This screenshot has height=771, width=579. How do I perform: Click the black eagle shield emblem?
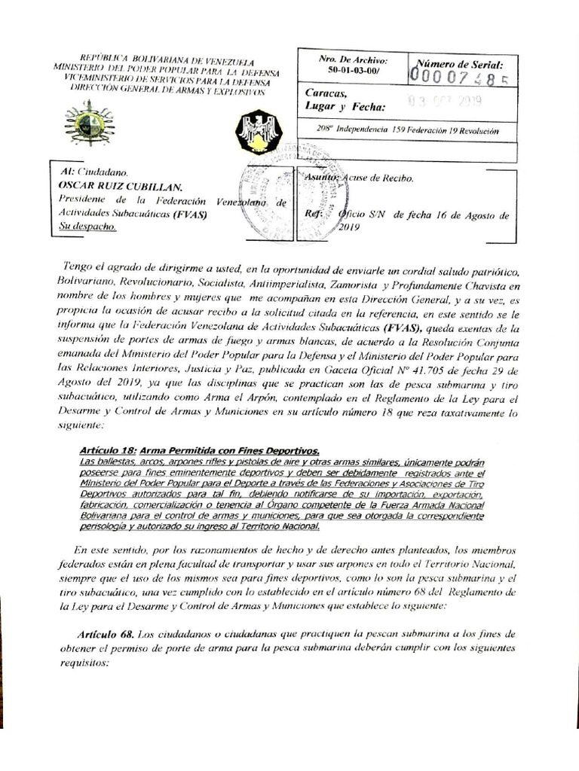pyautogui.click(x=259, y=129)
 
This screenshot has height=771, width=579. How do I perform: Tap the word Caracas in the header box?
pyautogui.click(x=326, y=93)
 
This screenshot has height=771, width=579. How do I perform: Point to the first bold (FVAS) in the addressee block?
pyautogui.click(x=188, y=214)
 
